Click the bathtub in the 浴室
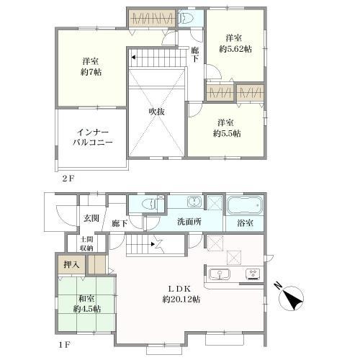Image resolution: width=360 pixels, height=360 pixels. pyautogui.click(x=244, y=205)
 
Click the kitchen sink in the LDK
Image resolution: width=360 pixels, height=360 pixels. pyautogui.click(x=220, y=274)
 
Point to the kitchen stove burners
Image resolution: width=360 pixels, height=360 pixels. pyautogui.click(x=253, y=274)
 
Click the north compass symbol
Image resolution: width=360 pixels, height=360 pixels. pyautogui.click(x=290, y=297)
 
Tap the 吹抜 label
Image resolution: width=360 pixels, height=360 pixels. pyautogui.click(x=157, y=112)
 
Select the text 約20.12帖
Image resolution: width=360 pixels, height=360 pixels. pyautogui.click(x=181, y=300)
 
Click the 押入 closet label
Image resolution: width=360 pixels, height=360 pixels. pyautogui.click(x=71, y=264)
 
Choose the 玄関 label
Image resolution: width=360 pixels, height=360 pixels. pyautogui.click(x=91, y=218)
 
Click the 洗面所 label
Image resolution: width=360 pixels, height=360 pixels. pyautogui.click(x=189, y=222)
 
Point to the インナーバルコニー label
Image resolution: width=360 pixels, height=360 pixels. pyautogui.click(x=93, y=138)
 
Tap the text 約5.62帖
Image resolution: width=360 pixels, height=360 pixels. pyautogui.click(x=235, y=49)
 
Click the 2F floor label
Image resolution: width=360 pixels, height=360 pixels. pyautogui.click(x=68, y=179)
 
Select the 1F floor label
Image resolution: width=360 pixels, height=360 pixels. pyautogui.click(x=65, y=345)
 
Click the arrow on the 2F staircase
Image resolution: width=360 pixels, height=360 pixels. pyautogui.click(x=133, y=58)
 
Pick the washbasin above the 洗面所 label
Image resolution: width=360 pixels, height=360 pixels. pyautogui.click(x=194, y=202)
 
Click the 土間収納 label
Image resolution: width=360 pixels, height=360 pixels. pyautogui.click(x=86, y=243)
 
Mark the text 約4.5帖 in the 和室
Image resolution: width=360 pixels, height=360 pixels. pyautogui.click(x=87, y=309)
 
